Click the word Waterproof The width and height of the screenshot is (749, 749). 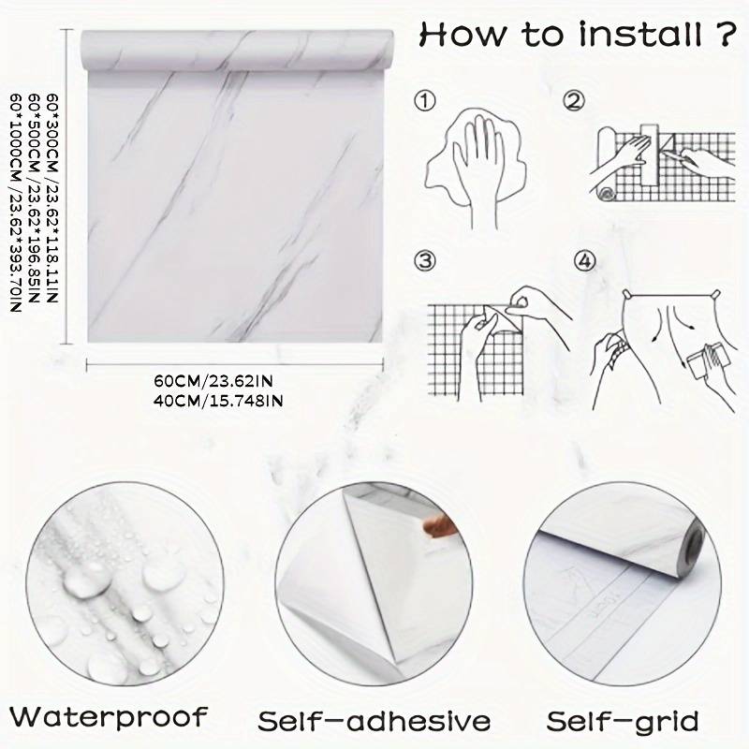110,718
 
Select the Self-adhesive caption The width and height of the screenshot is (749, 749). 374,722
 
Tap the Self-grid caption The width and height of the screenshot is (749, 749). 623,722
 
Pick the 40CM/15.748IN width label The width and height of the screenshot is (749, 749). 218,400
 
